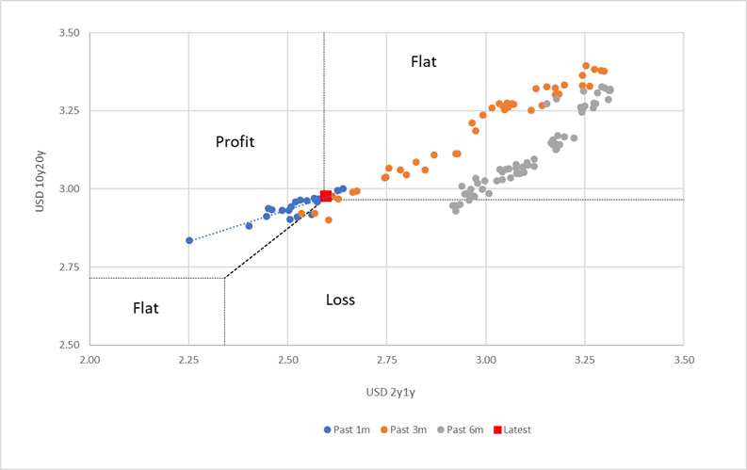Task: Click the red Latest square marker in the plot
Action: point(325,196)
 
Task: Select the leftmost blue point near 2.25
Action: point(189,240)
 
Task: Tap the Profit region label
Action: point(235,142)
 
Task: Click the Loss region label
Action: point(340,300)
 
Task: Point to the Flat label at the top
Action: point(424,62)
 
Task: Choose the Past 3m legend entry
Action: point(405,429)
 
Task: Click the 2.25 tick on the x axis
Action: point(188,359)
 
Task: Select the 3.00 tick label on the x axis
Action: point(486,359)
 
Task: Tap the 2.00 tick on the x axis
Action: point(89,359)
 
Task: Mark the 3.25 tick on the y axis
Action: point(67,111)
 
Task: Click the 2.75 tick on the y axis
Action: point(67,267)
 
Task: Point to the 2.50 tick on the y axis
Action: point(67,345)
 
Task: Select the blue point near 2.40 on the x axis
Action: point(249,226)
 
